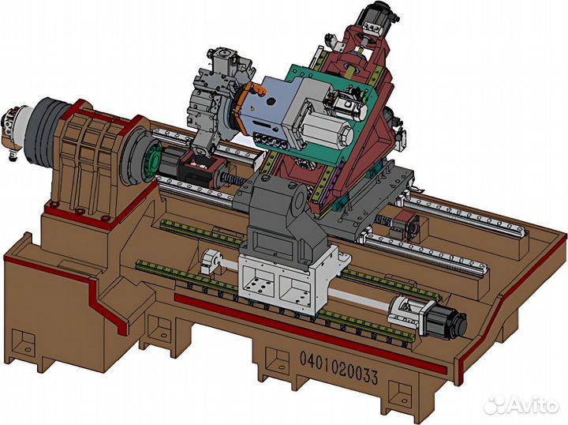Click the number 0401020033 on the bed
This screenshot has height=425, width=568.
click(x=338, y=367)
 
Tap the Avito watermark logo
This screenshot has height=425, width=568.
click(x=522, y=404)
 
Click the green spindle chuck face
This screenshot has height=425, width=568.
click(x=151, y=162)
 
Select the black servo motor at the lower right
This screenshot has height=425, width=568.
click(x=448, y=319)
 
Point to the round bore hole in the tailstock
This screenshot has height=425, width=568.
click(x=299, y=197)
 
